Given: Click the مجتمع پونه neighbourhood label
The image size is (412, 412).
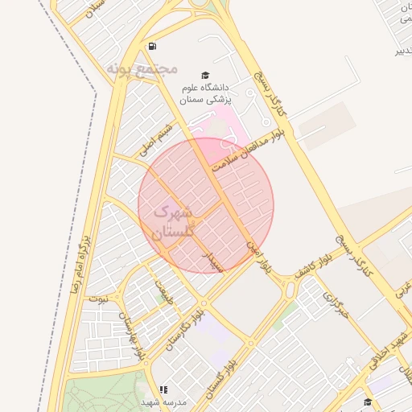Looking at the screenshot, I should pos(141,69).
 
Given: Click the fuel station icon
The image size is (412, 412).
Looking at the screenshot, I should pos(153,46).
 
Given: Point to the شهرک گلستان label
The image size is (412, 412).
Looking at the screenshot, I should pos(166,222).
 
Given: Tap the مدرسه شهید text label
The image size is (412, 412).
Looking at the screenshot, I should pos(163,401).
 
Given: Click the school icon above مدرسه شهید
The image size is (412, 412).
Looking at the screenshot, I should pos(163,389).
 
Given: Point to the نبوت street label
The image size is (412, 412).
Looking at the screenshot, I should pos(97,299).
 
